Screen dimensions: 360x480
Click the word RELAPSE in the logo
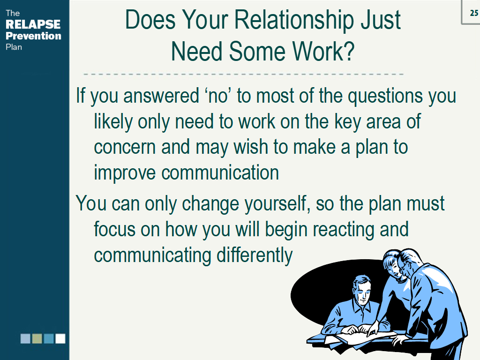click(x=33, y=24)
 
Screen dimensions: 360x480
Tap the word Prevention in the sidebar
click(x=33, y=36)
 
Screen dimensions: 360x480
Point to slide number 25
click(x=474, y=13)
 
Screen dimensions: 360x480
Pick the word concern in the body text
click(x=125, y=147)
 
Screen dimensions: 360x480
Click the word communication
click(x=220, y=172)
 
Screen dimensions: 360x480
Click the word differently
click(x=255, y=255)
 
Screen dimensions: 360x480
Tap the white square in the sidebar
click(x=60, y=338)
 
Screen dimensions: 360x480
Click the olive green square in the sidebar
click(x=37, y=338)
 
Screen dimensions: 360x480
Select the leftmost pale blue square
click(x=25, y=338)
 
